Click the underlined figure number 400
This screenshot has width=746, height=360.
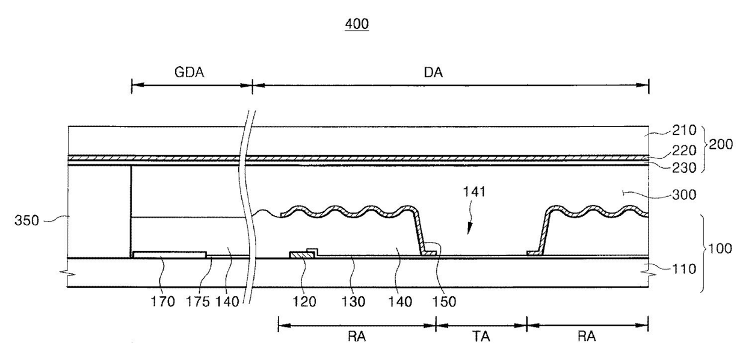click(357, 24)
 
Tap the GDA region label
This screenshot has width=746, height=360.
click(189, 72)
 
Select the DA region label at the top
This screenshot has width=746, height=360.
click(433, 72)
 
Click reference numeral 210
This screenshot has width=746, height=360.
click(684, 130)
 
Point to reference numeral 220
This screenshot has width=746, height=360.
click(684, 151)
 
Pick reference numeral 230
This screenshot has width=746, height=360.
click(684, 168)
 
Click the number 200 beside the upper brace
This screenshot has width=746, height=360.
click(721, 144)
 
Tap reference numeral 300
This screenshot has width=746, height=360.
click(684, 194)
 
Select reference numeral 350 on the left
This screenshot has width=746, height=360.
click(26, 221)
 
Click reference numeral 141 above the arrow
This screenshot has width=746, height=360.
click(474, 192)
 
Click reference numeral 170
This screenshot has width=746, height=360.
click(162, 302)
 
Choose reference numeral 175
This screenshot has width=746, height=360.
click(198, 302)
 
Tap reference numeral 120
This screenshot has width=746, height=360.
click(304, 302)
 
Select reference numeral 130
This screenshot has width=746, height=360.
click(353, 302)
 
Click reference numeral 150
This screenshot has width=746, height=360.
click(444, 302)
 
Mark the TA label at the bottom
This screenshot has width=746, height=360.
click(481, 337)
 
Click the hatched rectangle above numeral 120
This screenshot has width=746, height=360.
click(303, 255)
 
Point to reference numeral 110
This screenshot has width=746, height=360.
click(684, 268)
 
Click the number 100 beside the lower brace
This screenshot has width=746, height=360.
click(720, 249)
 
